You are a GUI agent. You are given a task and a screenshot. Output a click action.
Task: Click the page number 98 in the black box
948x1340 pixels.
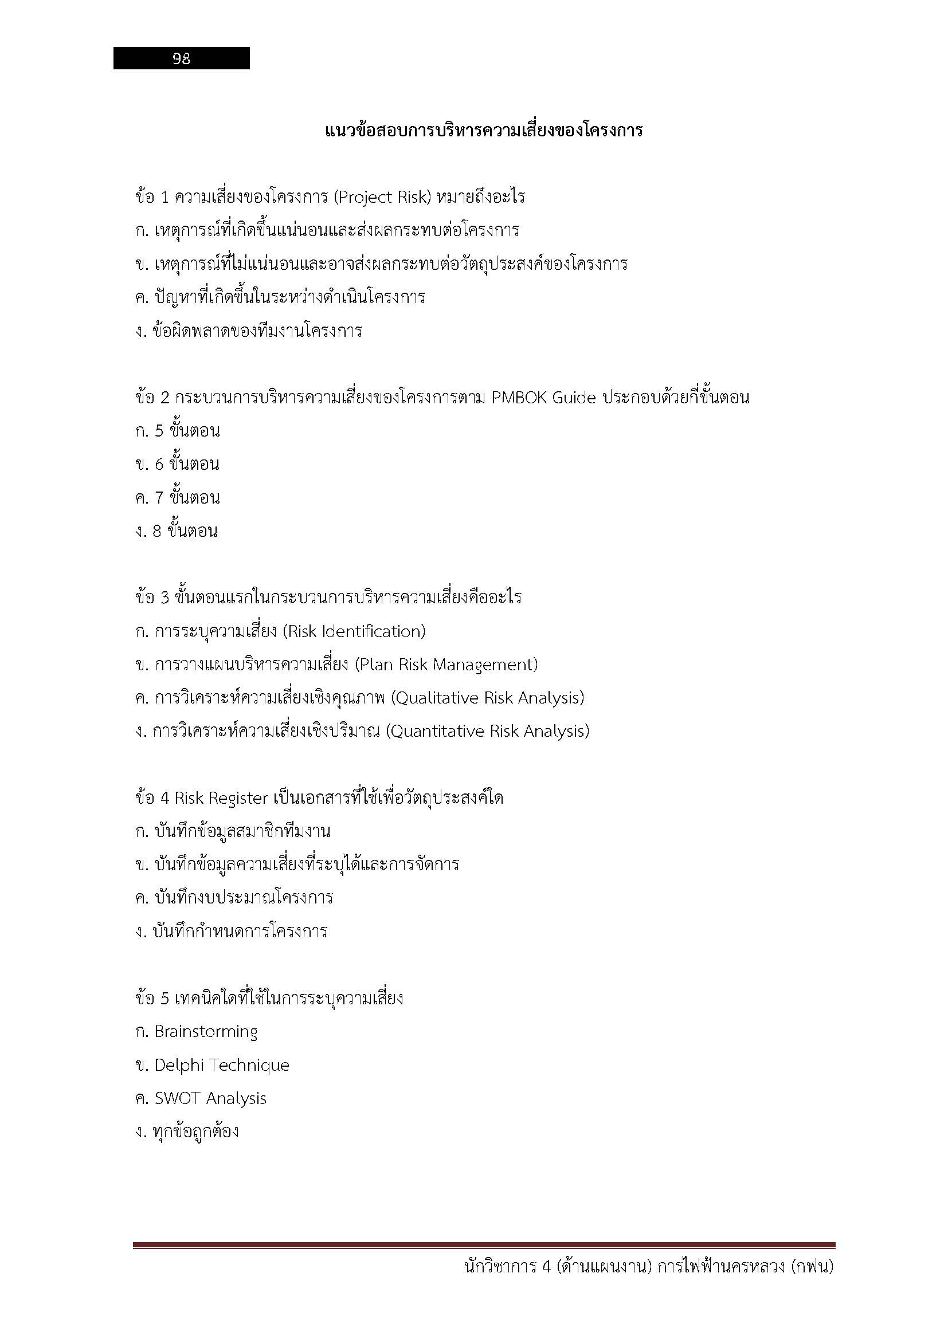pos(181,58)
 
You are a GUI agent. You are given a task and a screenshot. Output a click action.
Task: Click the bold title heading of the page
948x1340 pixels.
pos(483,129)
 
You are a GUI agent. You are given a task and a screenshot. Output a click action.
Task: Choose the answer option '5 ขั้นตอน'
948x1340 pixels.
pos(187,431)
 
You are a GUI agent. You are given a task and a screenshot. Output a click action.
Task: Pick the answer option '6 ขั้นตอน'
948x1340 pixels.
pos(187,465)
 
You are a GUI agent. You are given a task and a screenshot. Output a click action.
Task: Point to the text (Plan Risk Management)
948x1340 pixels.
pos(446,665)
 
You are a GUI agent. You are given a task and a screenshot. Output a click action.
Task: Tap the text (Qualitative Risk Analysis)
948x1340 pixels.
pos(488,698)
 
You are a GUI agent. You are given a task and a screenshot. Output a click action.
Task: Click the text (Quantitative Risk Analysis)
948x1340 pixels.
pos(488,731)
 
